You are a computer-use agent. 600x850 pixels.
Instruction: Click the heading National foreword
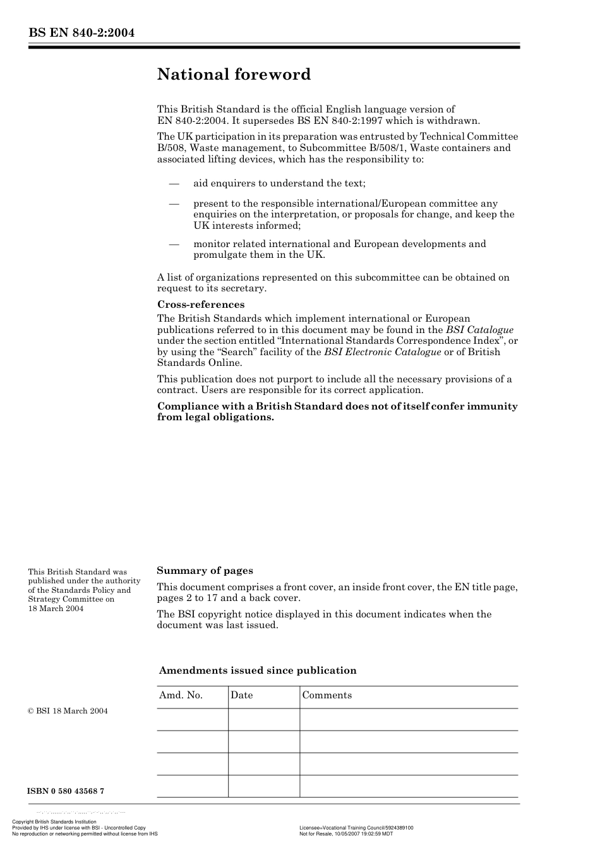234,75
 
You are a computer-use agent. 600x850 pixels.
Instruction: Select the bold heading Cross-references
200,305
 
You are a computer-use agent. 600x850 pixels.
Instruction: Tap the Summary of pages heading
205,571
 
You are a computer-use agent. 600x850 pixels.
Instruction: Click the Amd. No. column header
181,695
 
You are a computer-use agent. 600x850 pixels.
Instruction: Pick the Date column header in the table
241,695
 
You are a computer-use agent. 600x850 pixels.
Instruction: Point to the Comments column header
327,695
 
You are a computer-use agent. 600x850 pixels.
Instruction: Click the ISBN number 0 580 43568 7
66,791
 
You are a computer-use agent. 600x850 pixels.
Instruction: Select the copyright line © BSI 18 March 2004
68,711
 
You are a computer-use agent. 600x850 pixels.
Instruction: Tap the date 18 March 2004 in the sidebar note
56,609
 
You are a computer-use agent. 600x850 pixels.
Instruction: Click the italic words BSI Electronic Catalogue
382,352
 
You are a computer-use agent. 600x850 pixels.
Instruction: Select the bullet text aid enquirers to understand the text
279,183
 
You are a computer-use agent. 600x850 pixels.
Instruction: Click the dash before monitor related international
174,244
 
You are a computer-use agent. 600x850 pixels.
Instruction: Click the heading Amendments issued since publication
258,671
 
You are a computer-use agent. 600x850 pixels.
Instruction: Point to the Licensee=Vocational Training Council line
356,828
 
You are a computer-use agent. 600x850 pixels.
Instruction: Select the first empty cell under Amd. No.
192,719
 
